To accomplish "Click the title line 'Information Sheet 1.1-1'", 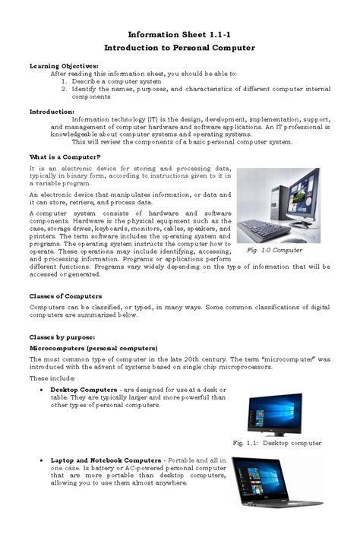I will point(179,35).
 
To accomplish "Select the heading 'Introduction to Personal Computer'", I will point(179,48).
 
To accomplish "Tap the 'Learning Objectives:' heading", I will point(64,66).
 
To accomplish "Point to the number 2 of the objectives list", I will point(65,89).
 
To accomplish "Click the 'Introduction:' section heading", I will point(52,111).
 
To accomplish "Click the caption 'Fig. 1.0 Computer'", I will point(275,250).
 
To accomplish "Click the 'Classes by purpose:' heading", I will point(62,336).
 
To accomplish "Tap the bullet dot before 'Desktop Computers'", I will point(39,389).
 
